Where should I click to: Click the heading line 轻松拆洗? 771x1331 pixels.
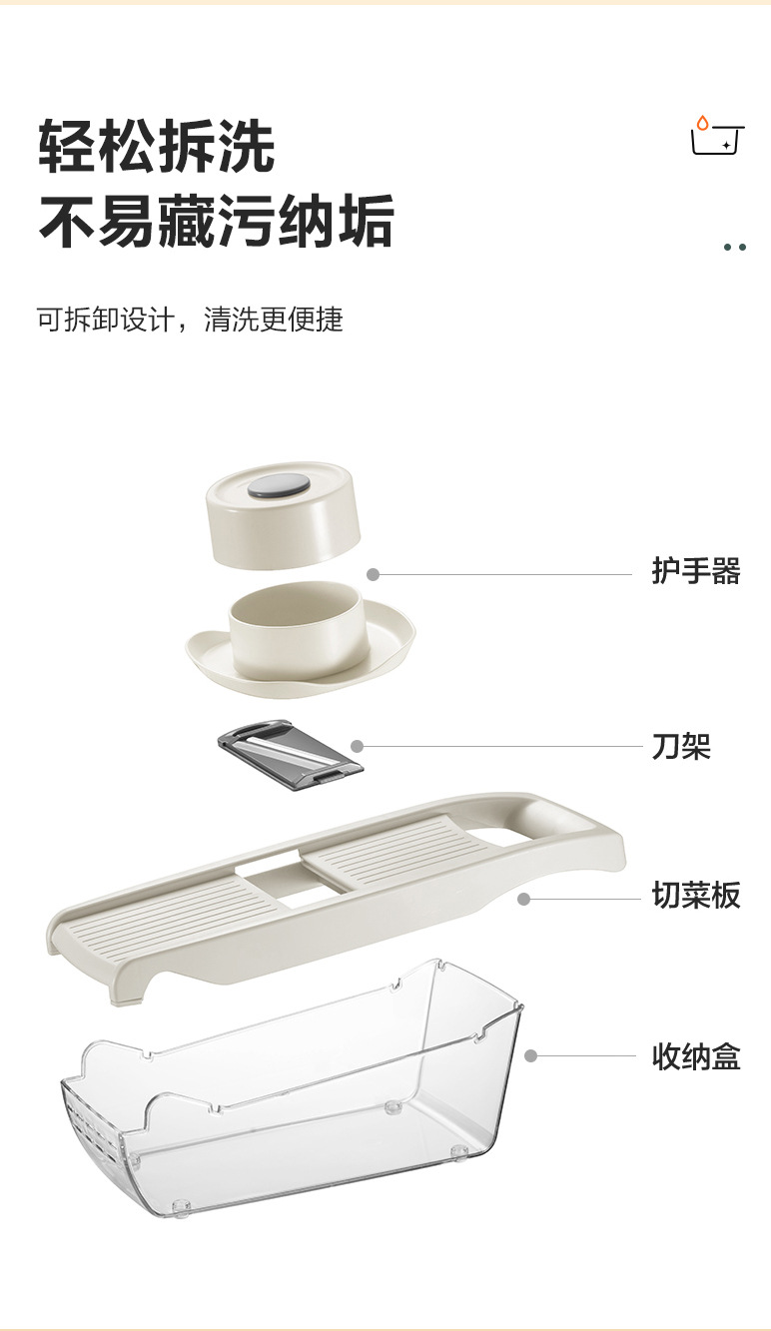pos(157,146)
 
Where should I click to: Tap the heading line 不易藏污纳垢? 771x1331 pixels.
pos(216,222)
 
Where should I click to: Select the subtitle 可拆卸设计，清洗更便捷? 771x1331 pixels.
pos(190,320)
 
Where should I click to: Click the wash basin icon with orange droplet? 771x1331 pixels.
pos(718,137)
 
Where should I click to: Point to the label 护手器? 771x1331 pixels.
pos(696,572)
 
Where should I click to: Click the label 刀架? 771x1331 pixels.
pos(681,746)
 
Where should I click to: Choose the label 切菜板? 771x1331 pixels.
pos(696,896)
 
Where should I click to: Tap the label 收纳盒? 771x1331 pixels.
pos(696,1055)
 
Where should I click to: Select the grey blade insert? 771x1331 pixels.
pos(290,755)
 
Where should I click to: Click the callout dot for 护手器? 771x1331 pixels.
pos(374,574)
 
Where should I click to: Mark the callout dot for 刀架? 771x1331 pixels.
pos(358,746)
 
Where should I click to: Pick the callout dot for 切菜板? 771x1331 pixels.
pos(523,899)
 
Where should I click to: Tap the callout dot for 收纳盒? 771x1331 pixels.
pos(531,1055)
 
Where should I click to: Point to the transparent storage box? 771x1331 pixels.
pos(300,1088)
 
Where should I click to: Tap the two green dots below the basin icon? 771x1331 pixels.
pos(735,247)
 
